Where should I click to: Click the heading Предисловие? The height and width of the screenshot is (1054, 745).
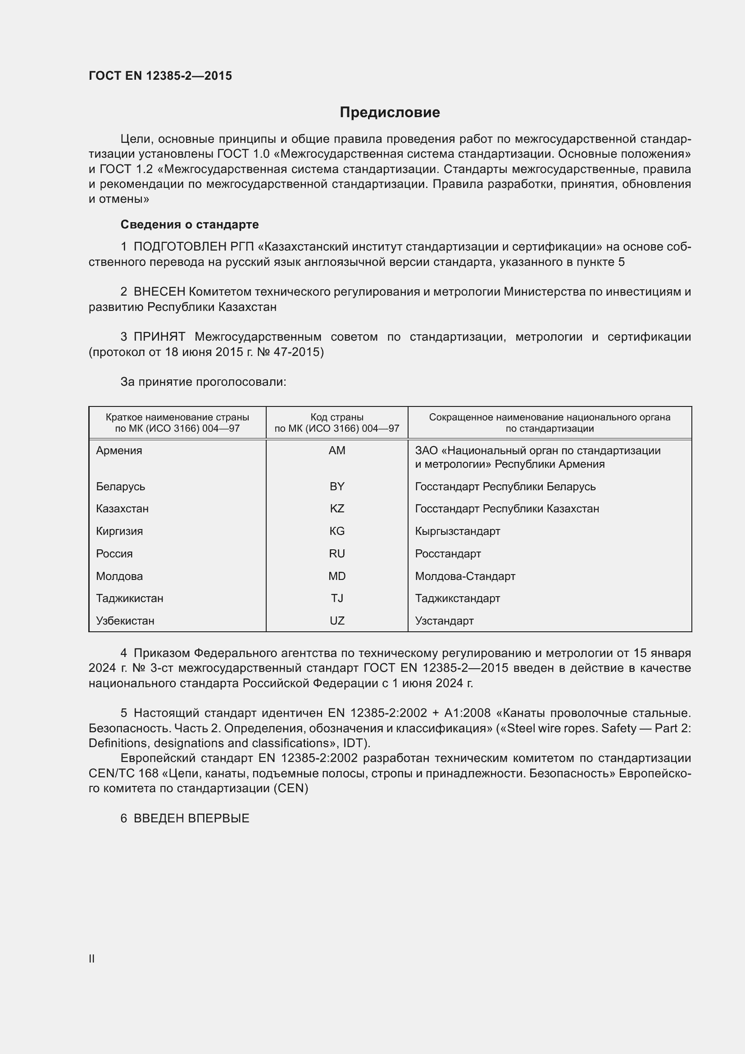click(x=390, y=113)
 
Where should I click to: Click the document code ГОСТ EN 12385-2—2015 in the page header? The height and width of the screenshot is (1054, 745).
click(x=160, y=76)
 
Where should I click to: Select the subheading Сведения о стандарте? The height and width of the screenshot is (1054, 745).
click(x=190, y=224)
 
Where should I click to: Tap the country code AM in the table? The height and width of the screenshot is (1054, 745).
click(x=337, y=450)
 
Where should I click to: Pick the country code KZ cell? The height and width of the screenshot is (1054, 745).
click(x=337, y=509)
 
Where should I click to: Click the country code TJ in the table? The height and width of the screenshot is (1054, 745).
click(x=337, y=598)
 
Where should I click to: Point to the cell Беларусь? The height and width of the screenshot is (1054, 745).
click(x=121, y=486)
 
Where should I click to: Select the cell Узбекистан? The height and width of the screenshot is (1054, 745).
click(x=125, y=621)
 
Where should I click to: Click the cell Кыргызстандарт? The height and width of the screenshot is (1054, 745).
click(x=457, y=531)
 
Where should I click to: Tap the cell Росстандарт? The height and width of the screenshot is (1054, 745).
click(x=448, y=554)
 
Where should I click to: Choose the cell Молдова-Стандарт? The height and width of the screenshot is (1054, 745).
click(x=465, y=576)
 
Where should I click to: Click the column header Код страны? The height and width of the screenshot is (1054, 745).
click(x=337, y=417)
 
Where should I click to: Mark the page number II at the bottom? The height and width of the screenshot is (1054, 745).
click(x=92, y=958)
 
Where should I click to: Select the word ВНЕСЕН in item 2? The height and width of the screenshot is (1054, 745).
click(x=159, y=292)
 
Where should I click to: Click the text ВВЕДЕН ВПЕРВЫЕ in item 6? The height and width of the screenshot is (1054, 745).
click(x=191, y=818)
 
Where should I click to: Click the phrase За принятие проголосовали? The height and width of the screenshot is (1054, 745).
click(x=203, y=382)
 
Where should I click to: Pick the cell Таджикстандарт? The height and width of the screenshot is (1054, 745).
click(x=457, y=598)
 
